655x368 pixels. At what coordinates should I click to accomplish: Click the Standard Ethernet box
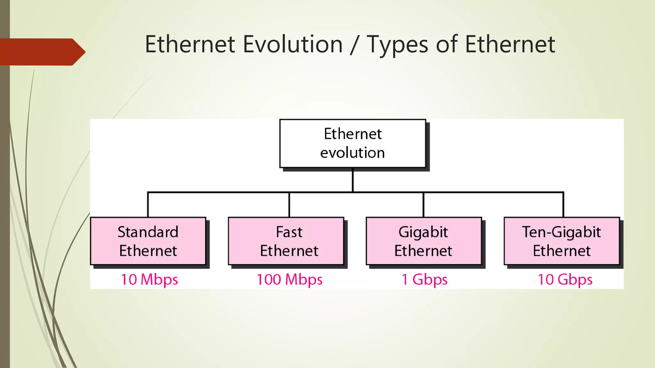coord(148,241)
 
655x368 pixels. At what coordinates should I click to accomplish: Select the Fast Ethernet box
coord(286,241)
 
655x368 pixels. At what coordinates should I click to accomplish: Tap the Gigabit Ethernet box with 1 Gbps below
coord(424,241)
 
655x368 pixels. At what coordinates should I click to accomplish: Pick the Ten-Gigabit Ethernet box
coord(562,241)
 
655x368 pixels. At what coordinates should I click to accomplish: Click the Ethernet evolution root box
coord(353,143)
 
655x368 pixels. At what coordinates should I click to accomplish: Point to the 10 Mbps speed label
coord(149,280)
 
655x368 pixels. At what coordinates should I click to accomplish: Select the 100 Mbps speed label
coord(289,280)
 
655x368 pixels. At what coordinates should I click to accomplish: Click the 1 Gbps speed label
coord(424,280)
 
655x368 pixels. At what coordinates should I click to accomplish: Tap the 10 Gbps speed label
coord(565,280)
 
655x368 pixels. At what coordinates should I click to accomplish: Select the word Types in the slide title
coord(398,45)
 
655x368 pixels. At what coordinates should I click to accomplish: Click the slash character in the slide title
coord(354,45)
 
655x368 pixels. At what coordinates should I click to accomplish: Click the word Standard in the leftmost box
coord(148,232)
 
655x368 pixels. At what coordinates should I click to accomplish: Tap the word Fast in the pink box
coord(289,232)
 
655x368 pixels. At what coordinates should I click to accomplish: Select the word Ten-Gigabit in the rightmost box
coord(562,232)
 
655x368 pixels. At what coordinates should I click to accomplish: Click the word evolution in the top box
coord(352,153)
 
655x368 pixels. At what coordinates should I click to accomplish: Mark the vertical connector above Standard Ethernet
coord(148,205)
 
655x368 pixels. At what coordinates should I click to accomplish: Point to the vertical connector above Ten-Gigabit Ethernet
coord(563,205)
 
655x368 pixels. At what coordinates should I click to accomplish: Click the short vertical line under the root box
coord(353,180)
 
